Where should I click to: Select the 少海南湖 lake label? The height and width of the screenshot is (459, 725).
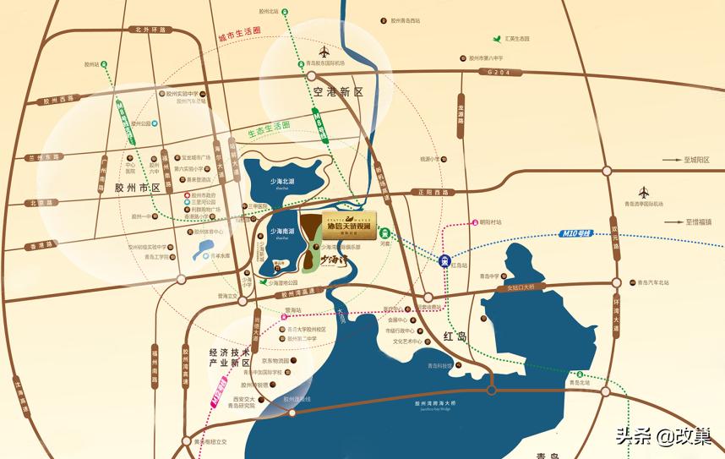[281, 231]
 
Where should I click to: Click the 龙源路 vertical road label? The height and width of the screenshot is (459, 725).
[461, 116]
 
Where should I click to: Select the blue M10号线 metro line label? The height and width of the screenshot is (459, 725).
[577, 232]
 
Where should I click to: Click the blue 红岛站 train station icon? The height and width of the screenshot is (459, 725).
[444, 261]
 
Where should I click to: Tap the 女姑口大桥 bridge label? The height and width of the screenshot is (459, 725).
[526, 287]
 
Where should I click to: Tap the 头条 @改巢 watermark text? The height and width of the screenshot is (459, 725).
[662, 435]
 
